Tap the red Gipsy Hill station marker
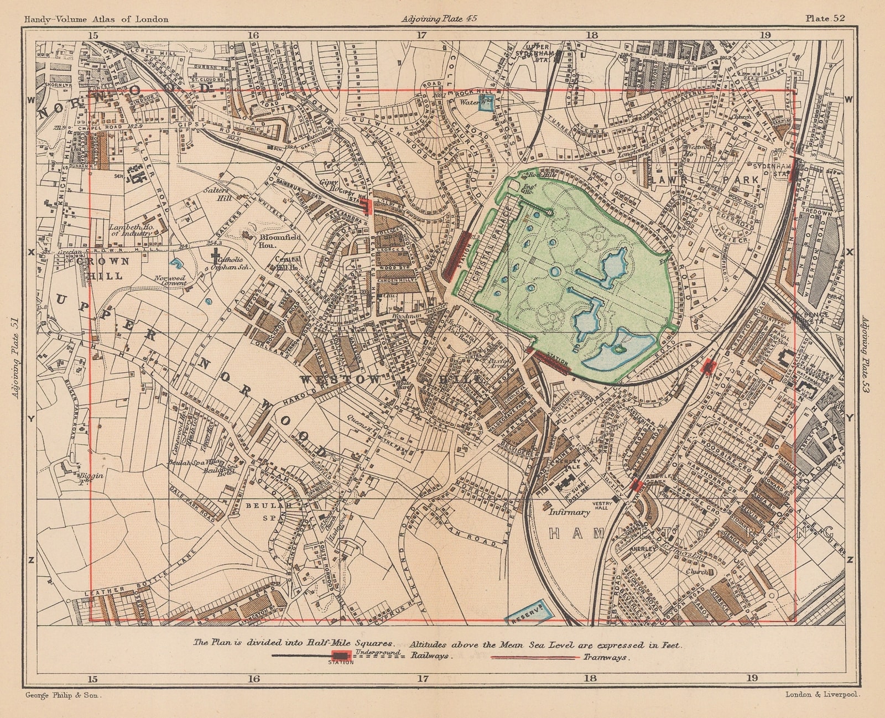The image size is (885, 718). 366,206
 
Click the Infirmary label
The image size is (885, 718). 569,512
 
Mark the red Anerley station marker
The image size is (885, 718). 636,485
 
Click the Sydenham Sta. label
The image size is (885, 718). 777,168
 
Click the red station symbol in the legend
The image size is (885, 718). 341,655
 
